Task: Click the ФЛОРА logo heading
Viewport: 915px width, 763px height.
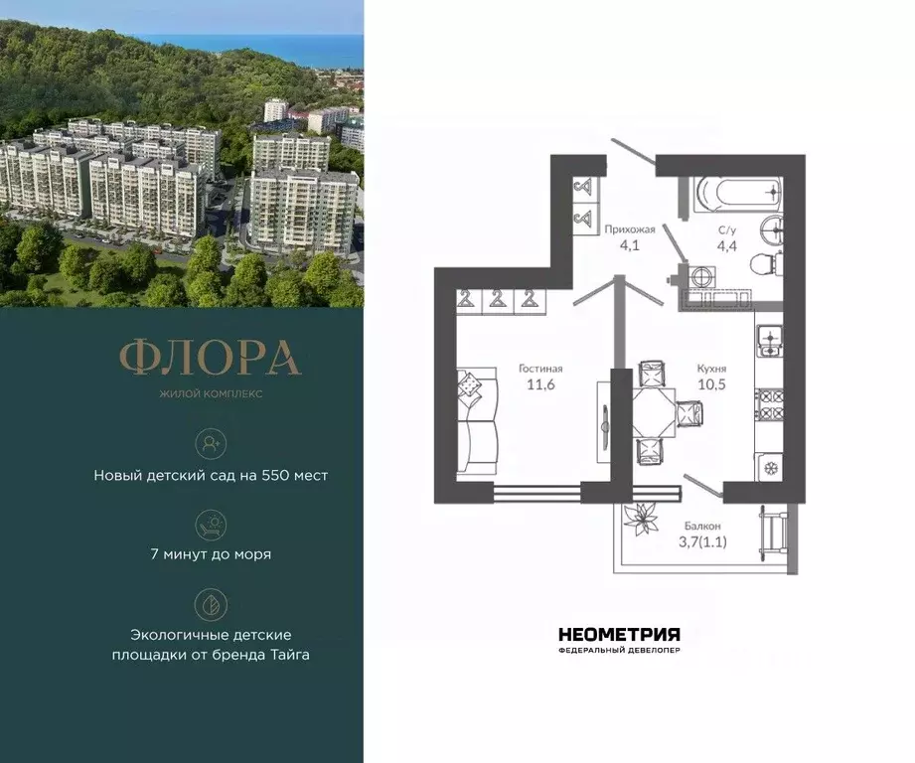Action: pyautogui.click(x=211, y=359)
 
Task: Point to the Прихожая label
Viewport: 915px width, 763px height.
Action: pyautogui.click(x=630, y=229)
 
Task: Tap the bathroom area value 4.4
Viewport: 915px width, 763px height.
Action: pyautogui.click(x=728, y=245)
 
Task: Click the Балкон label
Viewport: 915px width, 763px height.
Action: pyautogui.click(x=702, y=526)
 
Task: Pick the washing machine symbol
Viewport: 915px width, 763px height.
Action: pyautogui.click(x=699, y=275)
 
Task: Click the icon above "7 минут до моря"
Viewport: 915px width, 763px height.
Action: pyautogui.click(x=211, y=523)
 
